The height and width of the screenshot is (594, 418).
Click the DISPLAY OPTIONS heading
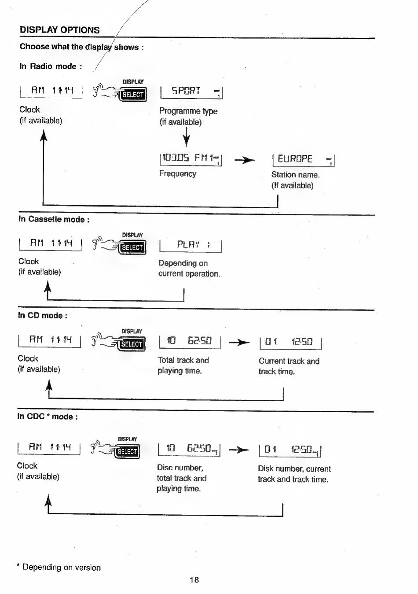pyautogui.click(x=60, y=30)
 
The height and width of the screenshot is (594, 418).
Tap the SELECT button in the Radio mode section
pyautogui.click(x=132, y=94)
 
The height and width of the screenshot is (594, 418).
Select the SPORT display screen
pyautogui.click(x=191, y=92)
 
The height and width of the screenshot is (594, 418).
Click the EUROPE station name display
pyautogui.click(x=304, y=160)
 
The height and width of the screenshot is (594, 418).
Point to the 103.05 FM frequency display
pyautogui.click(x=191, y=159)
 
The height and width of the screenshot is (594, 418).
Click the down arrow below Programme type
pyautogui.click(x=186, y=137)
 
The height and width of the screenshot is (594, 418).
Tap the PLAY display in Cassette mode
pyautogui.click(x=191, y=246)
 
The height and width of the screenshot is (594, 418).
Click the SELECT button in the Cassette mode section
pyautogui.click(x=132, y=247)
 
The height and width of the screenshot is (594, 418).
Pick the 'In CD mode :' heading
pyautogui.click(x=43, y=315)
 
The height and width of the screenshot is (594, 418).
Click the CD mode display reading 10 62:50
pyautogui.click(x=190, y=342)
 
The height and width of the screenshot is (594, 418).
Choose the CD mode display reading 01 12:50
pyautogui.click(x=291, y=343)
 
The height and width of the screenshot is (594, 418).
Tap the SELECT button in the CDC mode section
pyautogui.click(x=127, y=451)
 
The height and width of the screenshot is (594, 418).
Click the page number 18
pyautogui.click(x=194, y=579)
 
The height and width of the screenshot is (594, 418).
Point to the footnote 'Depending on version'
pyautogui.click(x=62, y=567)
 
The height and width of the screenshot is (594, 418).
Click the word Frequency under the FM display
pyautogui.click(x=178, y=173)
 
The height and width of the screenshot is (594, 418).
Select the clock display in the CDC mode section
pyautogui.click(x=49, y=448)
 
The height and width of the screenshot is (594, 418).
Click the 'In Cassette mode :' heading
pyautogui.click(x=54, y=219)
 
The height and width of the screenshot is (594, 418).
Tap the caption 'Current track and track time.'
pyautogui.click(x=289, y=366)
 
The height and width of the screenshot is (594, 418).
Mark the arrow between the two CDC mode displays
pyautogui.click(x=239, y=450)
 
